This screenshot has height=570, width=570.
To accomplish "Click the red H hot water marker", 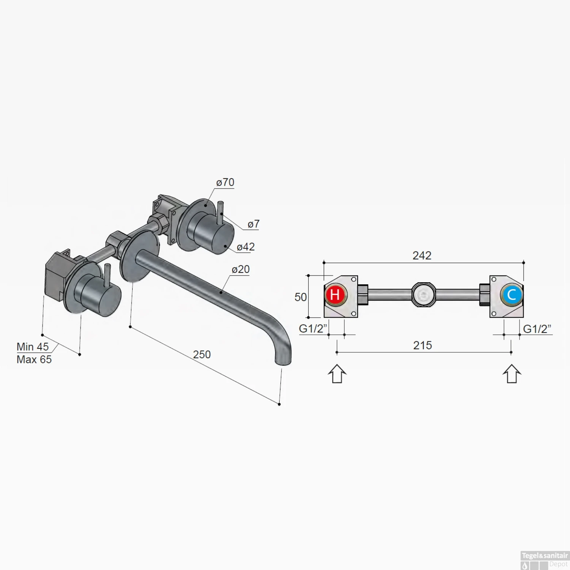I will [x=335, y=294].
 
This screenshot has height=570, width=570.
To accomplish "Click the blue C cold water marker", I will [x=511, y=294].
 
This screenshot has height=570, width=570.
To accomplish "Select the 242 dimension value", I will [x=422, y=255].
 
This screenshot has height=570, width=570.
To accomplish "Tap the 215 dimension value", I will [x=423, y=345].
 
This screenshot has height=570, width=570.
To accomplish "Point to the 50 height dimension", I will [x=301, y=297].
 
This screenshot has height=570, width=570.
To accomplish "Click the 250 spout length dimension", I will [x=202, y=355].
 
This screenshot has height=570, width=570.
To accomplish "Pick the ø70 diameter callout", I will [x=225, y=182].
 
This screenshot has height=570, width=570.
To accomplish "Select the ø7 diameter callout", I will [x=253, y=224].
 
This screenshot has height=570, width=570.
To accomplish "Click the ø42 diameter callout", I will [x=245, y=247].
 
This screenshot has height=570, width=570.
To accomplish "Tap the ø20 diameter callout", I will [x=241, y=269].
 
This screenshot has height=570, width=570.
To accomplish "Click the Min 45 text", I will [x=33, y=347].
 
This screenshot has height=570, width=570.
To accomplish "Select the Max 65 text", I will [x=34, y=359].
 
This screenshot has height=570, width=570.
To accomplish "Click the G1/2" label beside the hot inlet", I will [x=313, y=328].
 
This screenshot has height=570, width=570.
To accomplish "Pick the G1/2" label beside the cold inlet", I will [x=537, y=329].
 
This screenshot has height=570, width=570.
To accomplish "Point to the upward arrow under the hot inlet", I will [x=337, y=374].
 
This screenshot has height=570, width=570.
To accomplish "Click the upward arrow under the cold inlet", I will [x=511, y=374].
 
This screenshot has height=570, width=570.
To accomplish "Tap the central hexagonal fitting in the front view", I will [x=424, y=294].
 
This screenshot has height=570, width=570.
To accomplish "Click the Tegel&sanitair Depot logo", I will [x=545, y=560].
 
